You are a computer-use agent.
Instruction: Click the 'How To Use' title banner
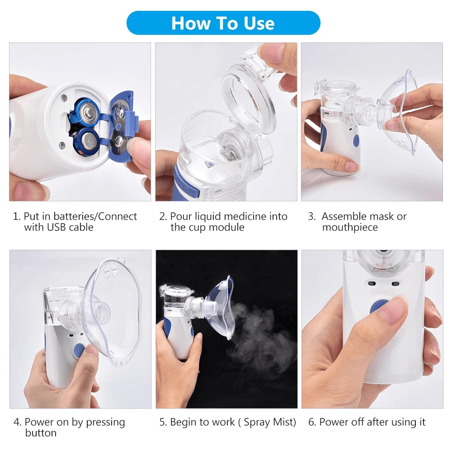[223, 23]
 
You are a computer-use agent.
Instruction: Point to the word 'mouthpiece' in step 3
[350, 227]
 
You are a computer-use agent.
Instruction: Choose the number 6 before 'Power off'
[312, 422]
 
